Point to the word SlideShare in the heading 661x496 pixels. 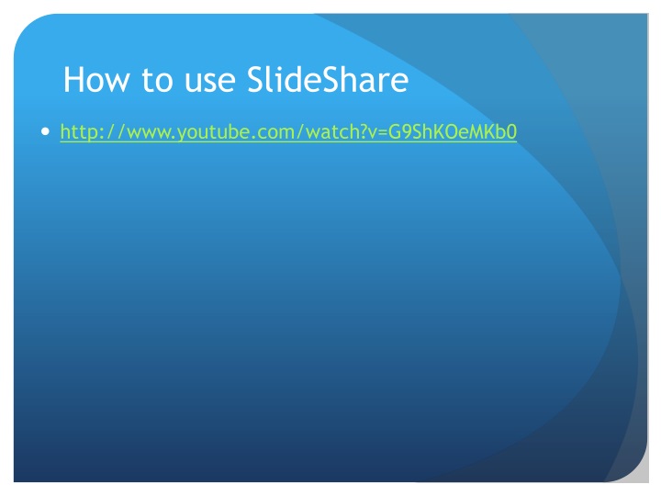click(x=328, y=81)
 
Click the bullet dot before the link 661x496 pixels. click(x=46, y=132)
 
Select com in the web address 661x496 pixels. click(x=270, y=133)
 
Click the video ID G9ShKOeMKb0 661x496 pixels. click(x=453, y=133)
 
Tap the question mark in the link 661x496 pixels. click(x=357, y=133)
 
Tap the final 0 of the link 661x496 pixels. click(x=512, y=133)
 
